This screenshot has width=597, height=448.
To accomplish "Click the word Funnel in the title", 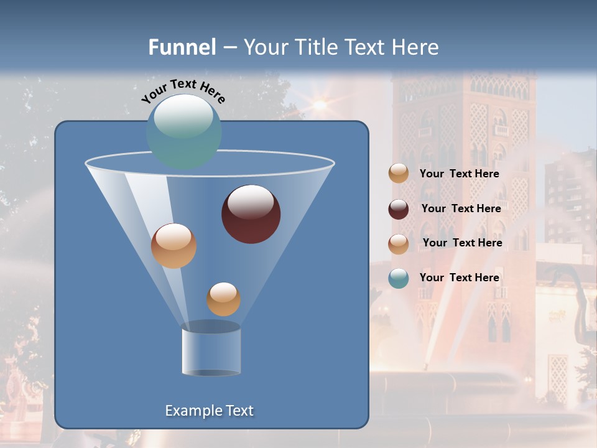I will tap(182, 47).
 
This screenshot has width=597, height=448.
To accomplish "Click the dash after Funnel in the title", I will tap(229, 47).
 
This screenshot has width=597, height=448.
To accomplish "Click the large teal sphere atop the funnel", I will tap(184, 132).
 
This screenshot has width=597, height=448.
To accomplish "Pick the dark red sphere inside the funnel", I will tap(251, 215).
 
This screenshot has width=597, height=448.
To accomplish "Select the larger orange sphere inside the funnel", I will tap(174, 246).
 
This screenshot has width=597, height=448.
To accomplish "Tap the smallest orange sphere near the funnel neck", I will tap(223, 299).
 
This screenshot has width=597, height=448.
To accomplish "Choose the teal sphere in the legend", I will tap(399, 278).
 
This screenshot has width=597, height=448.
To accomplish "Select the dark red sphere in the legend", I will tap(399, 209).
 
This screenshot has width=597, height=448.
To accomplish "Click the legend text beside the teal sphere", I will tap(459, 278).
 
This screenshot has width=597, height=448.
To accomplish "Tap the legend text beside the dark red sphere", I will tap(461, 208).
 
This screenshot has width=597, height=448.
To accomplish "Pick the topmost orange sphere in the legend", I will tap(399, 173).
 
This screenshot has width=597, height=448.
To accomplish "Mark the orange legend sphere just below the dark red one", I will tap(399, 244).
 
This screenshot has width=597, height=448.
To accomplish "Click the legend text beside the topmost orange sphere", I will tap(459, 174).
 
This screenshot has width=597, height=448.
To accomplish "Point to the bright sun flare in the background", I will tap(320, 105).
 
